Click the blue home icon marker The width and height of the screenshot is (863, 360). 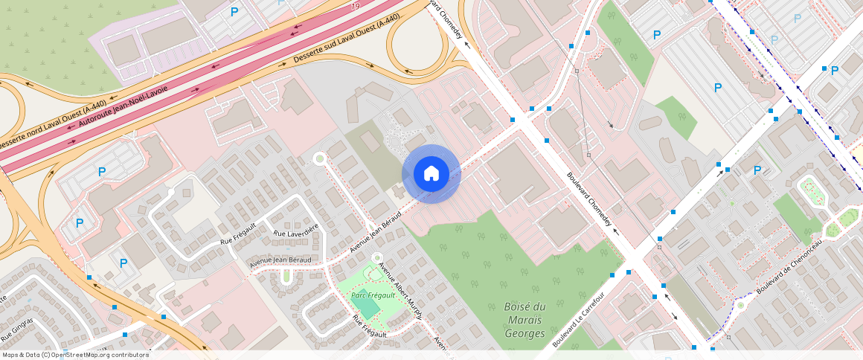pyautogui.click(x=431, y=174)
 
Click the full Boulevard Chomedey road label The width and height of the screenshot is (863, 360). pyautogui.click(x=594, y=201)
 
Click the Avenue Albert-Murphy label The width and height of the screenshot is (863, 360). pyautogui.click(x=400, y=290)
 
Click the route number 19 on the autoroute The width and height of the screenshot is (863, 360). pyautogui.click(x=356, y=6)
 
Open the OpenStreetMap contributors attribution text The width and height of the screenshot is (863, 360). pyautogui.click(x=75, y=355)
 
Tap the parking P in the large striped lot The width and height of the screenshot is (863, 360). pyautogui.click(x=717, y=88)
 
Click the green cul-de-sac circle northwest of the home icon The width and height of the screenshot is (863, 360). pyautogui.click(x=320, y=158)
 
